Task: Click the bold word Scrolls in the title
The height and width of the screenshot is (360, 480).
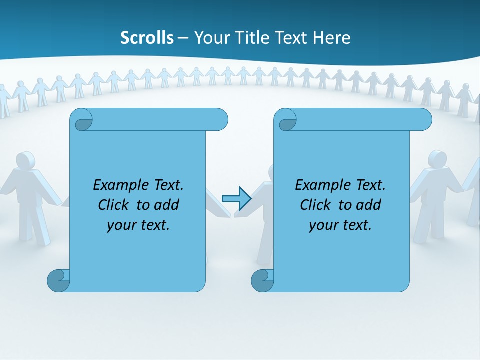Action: coord(147,38)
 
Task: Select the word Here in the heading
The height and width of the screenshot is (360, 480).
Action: coord(331,38)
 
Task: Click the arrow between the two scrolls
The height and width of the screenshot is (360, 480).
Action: coord(236,198)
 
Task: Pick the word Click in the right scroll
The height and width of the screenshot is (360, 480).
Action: coord(315,205)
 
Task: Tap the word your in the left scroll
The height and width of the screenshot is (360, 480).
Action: coord(121,225)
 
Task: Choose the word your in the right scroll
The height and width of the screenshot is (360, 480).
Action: coord(323,225)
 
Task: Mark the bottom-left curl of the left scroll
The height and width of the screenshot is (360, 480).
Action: coord(58,280)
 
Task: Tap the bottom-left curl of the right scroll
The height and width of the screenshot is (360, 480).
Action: coord(262,280)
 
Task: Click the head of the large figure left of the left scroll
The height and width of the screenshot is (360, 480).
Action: coord(25,160)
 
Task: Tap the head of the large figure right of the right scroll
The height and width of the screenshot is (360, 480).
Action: coord(437,159)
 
